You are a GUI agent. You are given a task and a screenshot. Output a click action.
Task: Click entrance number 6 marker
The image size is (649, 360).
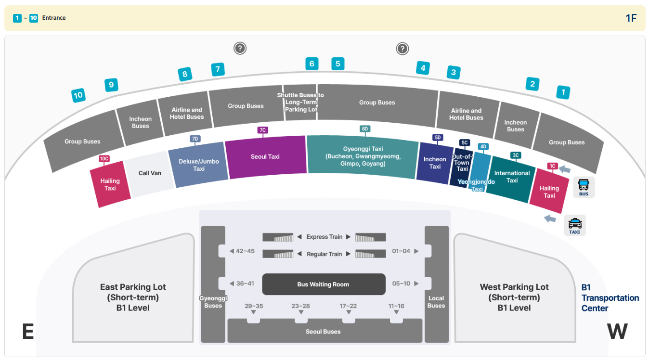(312, 64)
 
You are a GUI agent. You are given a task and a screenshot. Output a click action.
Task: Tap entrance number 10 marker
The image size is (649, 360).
(78, 95)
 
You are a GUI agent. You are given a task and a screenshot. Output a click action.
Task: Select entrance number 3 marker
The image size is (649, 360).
(454, 72)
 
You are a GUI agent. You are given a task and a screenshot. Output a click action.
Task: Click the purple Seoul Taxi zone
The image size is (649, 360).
(265, 157)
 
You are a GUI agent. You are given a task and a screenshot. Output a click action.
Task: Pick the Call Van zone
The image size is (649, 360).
(150, 173)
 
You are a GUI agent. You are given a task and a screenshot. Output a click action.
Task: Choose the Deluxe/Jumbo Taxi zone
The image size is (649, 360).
(199, 165)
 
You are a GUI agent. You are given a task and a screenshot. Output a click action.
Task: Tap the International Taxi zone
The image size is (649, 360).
(512, 177)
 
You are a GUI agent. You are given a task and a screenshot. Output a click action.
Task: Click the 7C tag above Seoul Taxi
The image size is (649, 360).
(263, 130)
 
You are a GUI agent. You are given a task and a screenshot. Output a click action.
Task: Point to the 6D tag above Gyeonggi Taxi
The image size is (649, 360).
(365, 129)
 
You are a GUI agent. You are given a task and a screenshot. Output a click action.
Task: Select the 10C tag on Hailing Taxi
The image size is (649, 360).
(104, 159)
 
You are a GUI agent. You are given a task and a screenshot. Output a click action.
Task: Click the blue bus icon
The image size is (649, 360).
(584, 187)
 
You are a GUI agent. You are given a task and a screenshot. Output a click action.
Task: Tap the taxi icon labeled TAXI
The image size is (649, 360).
(575, 226)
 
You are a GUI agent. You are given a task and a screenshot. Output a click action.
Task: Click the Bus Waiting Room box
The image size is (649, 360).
(324, 284)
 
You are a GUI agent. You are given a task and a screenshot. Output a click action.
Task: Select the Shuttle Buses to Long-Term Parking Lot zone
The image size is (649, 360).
(300, 102)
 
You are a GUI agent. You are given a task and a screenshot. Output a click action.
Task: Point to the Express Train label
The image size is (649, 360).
(324, 237)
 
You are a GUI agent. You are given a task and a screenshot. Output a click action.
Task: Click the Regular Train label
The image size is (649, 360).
(324, 254)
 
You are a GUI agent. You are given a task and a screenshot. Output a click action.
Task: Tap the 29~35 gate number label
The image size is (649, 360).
(254, 306)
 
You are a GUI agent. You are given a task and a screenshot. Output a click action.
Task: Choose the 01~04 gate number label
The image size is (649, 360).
(401, 251)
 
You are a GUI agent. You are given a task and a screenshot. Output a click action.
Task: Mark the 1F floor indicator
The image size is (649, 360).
(631, 18)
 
